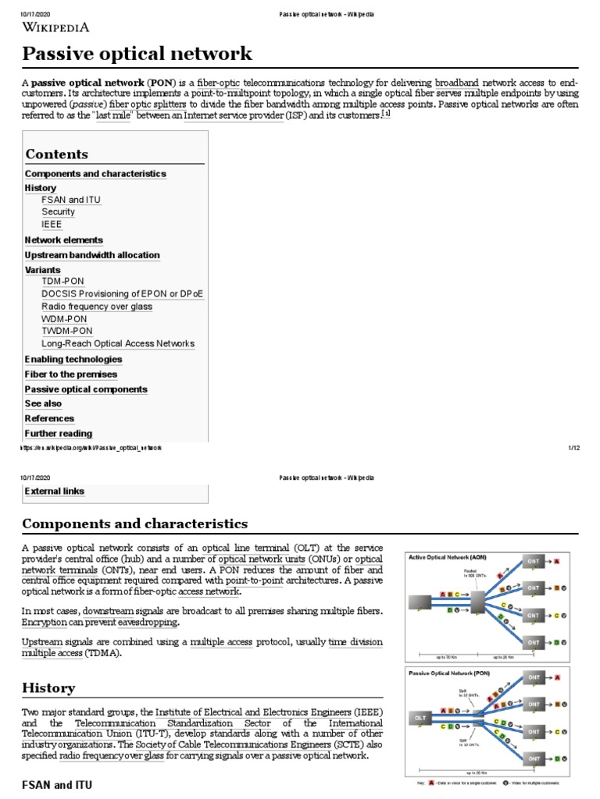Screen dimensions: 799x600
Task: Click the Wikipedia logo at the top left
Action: coord(55,27)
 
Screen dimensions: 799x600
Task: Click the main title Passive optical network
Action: coord(137,54)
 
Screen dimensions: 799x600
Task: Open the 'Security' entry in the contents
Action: coord(59,212)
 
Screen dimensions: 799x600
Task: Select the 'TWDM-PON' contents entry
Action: coord(66,331)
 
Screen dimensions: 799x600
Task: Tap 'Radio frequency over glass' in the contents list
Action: coord(97,307)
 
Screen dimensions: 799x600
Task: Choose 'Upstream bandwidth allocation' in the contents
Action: coord(92,255)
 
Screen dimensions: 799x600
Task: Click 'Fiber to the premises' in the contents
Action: coord(71,375)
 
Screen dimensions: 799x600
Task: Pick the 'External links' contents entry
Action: coord(55,492)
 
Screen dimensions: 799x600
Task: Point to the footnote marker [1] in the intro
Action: coord(386,114)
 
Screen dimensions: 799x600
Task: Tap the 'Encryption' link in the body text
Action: coord(44,623)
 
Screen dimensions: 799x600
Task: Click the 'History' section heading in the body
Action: coord(48,688)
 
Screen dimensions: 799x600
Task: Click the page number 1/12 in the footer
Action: coord(573,448)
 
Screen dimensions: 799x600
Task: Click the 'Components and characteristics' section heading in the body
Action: coord(134,524)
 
